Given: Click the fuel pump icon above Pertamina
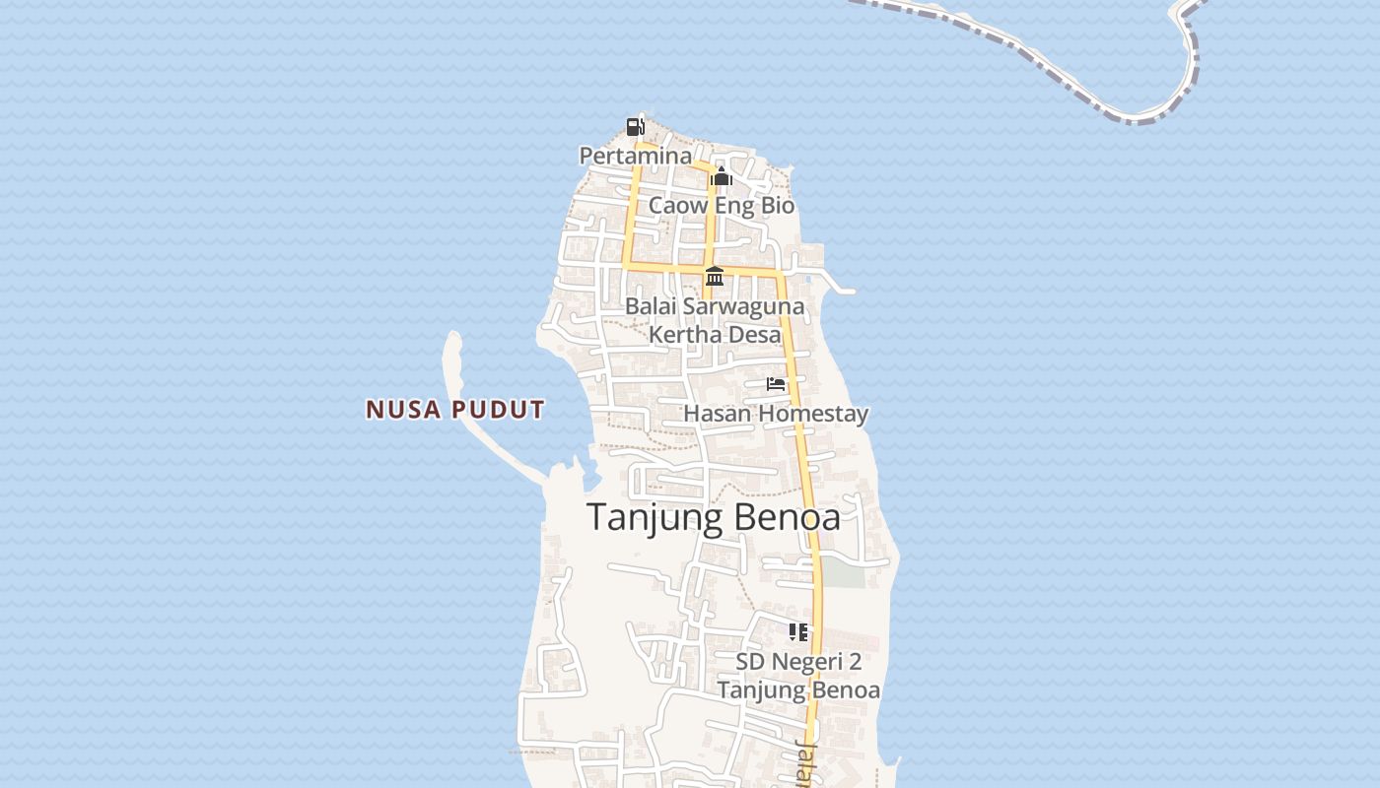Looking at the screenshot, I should (636, 126).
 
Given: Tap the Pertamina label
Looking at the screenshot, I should (636, 156).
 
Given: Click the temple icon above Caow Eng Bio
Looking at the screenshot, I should (722, 177).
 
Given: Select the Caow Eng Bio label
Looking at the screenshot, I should (722, 206).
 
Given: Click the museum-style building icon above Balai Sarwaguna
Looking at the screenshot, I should (715, 276).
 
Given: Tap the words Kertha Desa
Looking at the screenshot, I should (715, 334).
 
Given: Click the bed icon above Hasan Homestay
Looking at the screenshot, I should (777, 384).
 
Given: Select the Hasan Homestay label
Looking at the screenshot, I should (776, 413).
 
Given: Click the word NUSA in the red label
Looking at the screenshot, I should (403, 410).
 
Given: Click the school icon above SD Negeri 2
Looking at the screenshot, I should (798, 631).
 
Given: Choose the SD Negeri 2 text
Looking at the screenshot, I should (798, 661).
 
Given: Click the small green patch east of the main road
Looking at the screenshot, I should (844, 573).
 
